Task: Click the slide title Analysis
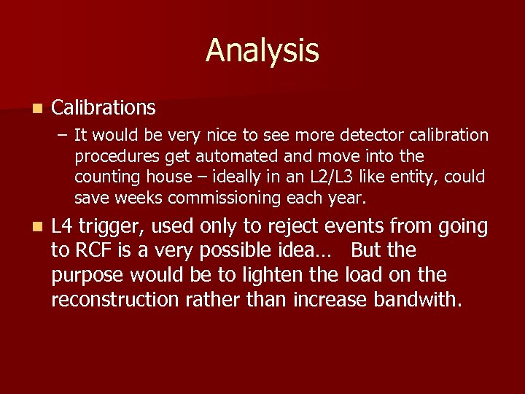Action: coord(262,51)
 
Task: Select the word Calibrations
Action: coord(104,108)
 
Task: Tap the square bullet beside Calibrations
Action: coord(36,109)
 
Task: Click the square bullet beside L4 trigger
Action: coord(36,228)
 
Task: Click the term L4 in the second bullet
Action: coord(63,227)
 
